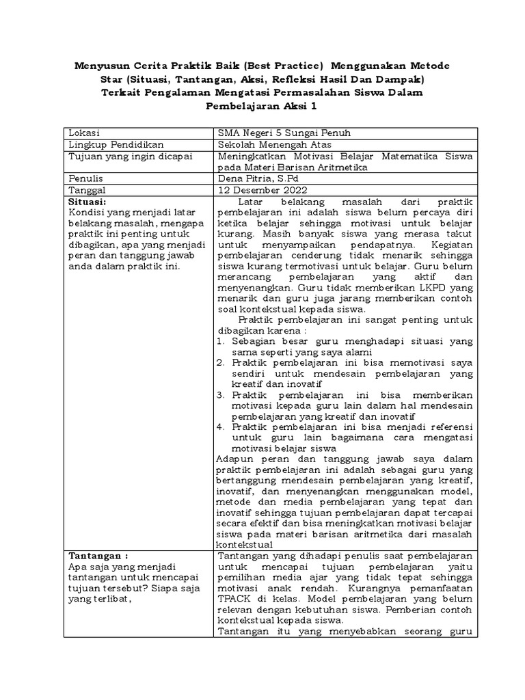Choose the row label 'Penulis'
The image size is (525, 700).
[86, 178]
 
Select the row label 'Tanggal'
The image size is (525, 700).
[87, 190]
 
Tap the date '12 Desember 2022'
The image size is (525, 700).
[262, 190]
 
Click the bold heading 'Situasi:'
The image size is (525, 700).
[88, 202]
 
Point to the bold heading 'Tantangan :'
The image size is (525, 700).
[99, 555]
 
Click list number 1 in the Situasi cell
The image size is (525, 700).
[220, 340]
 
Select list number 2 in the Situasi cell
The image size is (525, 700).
[220, 362]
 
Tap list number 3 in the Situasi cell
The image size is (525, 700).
[220, 395]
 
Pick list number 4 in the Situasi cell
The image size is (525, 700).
[220, 427]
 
